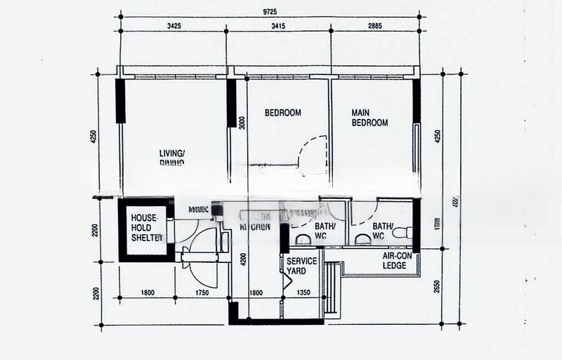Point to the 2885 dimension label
(376, 26)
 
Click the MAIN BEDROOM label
(370, 117)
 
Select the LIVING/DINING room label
(172, 157)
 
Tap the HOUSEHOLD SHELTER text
(147, 228)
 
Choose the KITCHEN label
(255, 227)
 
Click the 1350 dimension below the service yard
(303, 292)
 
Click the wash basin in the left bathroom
(303, 239)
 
